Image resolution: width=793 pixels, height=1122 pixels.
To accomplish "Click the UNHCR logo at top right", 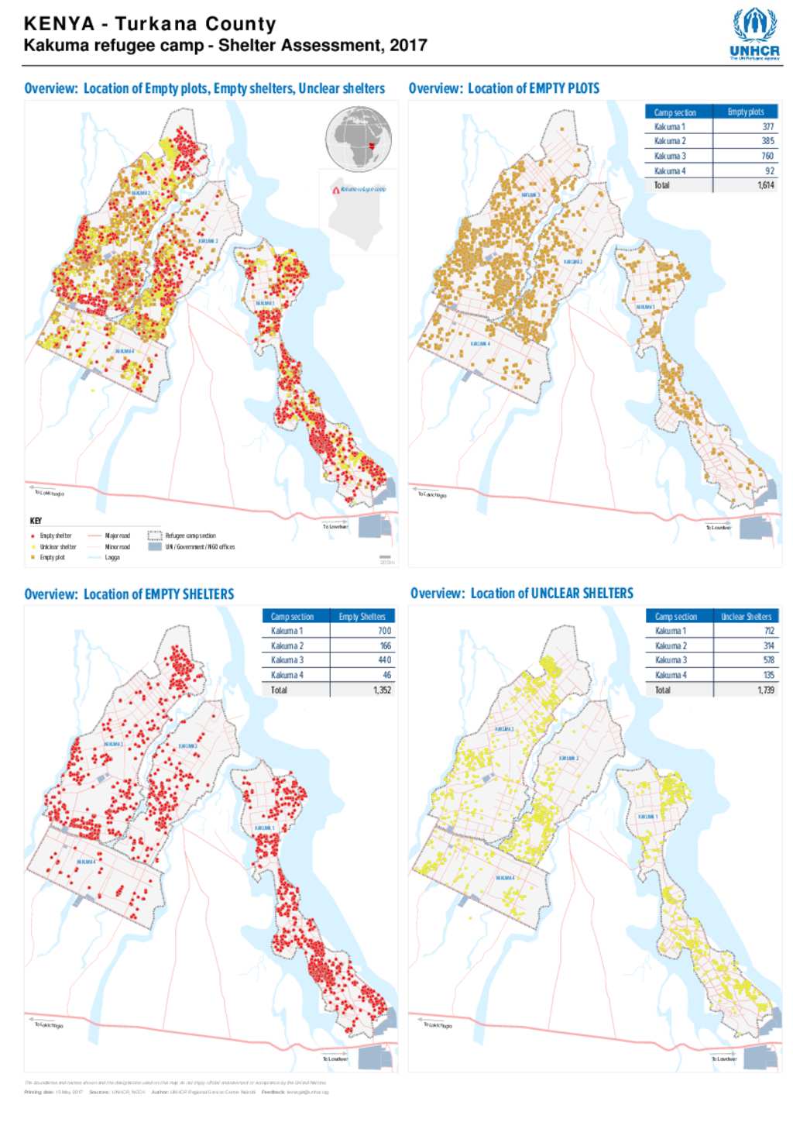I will tap(754, 33).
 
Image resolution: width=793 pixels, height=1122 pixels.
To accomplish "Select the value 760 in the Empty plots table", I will tap(767, 156).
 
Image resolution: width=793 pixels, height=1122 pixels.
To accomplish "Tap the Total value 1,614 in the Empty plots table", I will tap(765, 185).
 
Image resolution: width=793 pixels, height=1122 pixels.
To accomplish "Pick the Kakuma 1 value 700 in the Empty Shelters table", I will tap(384, 631).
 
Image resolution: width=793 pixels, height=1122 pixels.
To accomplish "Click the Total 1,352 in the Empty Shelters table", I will tap(382, 690).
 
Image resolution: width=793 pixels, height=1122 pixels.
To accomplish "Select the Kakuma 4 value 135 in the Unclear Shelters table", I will tap(768, 675).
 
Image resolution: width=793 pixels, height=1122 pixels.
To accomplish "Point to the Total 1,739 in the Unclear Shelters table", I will tap(765, 690).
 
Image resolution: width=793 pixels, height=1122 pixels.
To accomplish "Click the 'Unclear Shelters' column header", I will tap(746, 617).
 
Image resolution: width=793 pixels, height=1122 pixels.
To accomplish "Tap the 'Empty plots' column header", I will tap(745, 112).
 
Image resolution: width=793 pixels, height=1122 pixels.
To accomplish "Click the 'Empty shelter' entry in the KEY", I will tap(55, 535).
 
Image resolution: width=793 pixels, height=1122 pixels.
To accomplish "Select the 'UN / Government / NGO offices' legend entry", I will tap(199, 547).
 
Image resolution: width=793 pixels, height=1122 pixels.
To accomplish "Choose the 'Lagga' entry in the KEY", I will tap(112, 557).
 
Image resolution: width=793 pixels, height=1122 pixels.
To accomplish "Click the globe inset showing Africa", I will tap(359, 139).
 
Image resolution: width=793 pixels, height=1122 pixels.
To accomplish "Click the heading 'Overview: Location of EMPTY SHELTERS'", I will tap(129, 594).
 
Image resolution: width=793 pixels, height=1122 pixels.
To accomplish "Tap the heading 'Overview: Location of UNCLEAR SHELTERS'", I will tap(521, 594).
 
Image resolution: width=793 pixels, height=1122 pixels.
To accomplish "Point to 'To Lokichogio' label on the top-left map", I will tap(49, 493).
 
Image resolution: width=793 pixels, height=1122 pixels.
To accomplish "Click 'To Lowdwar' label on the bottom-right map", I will tap(723, 1058).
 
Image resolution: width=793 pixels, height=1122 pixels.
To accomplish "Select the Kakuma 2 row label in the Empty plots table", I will tap(670, 141).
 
